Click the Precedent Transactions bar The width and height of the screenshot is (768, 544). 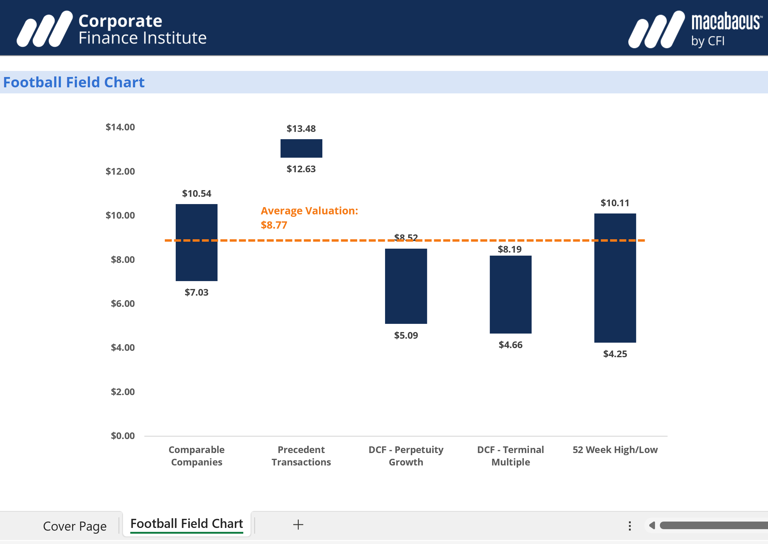[301, 148]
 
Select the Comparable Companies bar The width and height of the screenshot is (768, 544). [196, 258]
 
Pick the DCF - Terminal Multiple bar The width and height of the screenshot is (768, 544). [510, 294]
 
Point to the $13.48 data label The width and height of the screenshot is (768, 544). [301, 129]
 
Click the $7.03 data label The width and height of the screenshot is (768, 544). [196, 292]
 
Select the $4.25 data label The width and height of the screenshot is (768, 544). [615, 354]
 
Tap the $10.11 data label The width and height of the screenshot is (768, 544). [615, 203]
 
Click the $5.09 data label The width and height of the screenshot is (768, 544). [406, 335]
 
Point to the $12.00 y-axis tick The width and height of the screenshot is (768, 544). [120, 172]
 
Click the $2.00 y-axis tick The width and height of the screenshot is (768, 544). [122, 392]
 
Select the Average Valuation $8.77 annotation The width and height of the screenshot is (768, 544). [309, 218]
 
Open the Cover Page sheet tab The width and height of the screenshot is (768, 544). [75, 526]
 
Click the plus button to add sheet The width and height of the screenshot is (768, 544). [298, 525]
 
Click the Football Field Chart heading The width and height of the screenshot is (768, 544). [74, 82]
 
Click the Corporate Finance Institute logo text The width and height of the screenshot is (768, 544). [142, 29]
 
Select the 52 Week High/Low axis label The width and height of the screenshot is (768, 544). [615, 450]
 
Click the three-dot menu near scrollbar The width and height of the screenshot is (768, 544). [630, 526]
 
